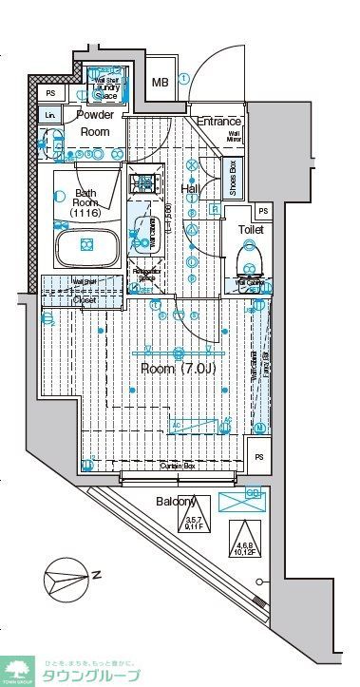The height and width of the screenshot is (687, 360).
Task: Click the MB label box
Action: pos(161,83)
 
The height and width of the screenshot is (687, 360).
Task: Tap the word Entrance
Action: pos(218,123)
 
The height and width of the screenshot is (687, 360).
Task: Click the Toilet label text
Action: pos(251,229)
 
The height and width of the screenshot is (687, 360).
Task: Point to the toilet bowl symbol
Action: pos(252,258)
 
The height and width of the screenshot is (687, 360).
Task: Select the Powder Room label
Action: pos(95,124)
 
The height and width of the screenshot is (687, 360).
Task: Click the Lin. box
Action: pos(48,115)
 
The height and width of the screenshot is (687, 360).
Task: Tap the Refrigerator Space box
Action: pos(145,275)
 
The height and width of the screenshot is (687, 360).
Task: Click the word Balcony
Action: pos(176,502)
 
